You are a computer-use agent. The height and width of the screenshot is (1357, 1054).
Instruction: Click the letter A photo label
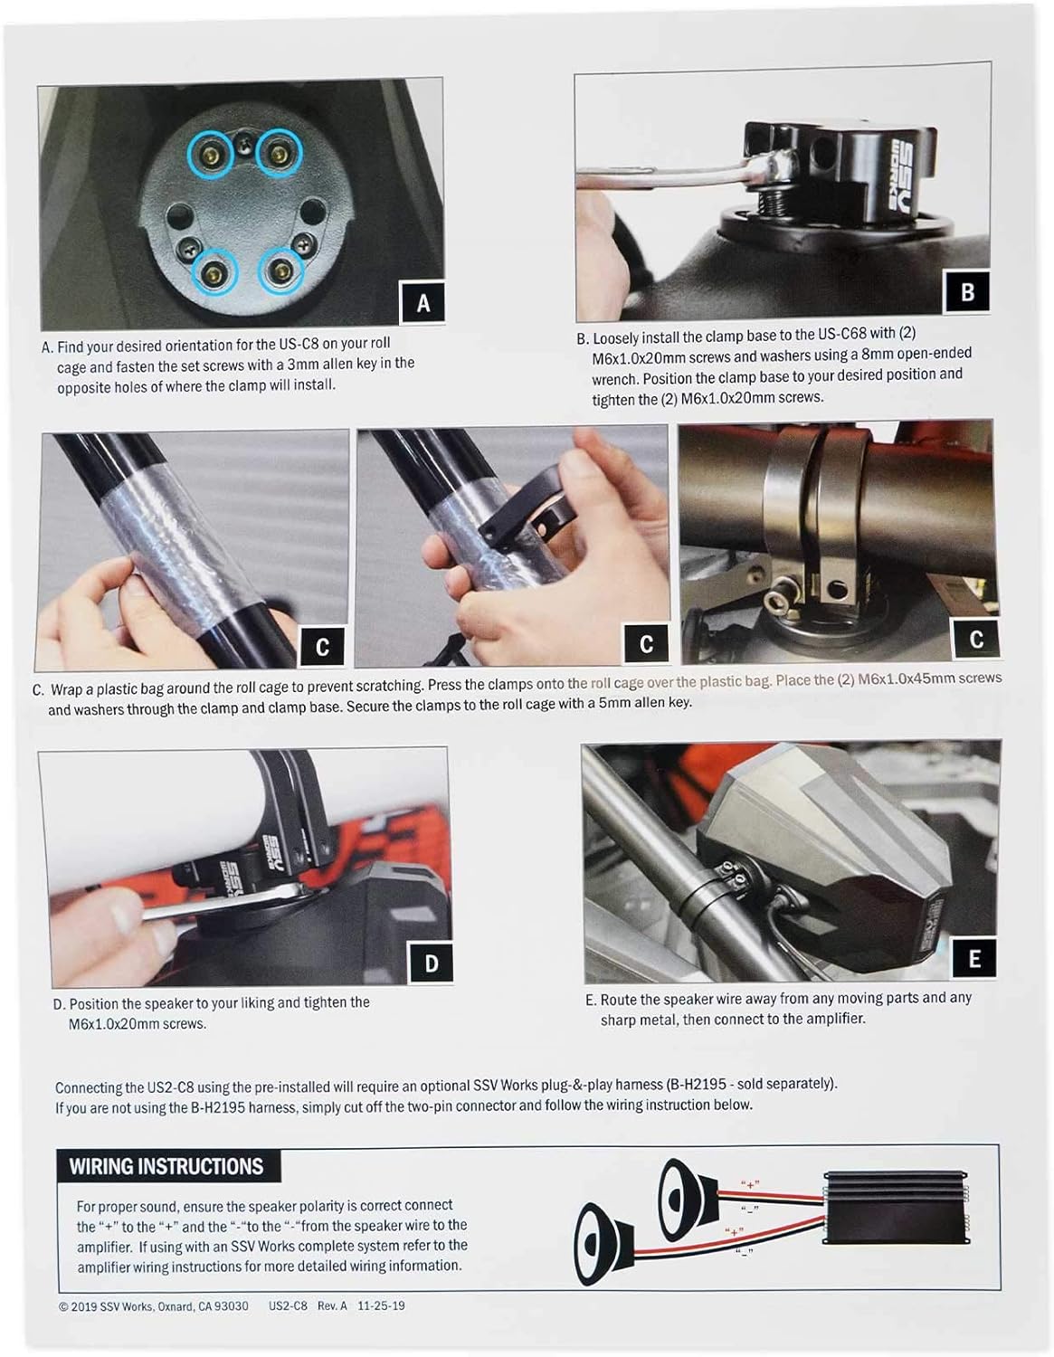[423, 303]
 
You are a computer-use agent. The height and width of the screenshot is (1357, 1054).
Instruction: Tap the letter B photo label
[967, 291]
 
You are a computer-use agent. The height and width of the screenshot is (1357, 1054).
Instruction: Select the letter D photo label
[431, 963]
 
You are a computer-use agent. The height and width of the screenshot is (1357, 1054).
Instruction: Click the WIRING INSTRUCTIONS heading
[166, 1166]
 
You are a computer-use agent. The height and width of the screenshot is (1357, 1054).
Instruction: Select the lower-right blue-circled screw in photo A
[281, 271]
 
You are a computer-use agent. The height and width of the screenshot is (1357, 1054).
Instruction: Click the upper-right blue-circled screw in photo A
[280, 152]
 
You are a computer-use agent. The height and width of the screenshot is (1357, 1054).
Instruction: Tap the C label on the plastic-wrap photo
[323, 646]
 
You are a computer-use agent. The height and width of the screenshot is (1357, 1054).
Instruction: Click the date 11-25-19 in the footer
[381, 1305]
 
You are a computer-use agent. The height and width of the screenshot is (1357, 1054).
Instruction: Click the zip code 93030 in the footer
[231, 1305]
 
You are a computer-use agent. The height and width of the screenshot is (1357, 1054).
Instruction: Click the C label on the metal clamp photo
[976, 638]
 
